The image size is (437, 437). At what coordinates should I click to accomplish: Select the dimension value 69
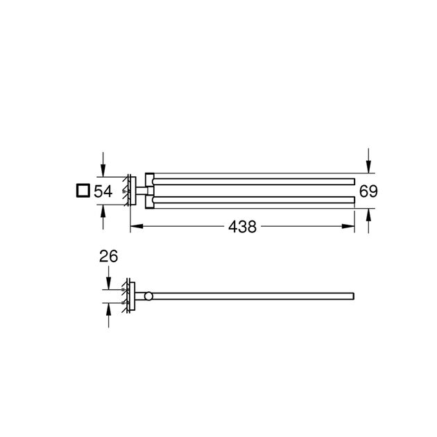[368, 191]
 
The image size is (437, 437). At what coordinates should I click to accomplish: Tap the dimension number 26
[108, 257]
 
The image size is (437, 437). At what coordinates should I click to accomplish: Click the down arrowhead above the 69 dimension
[368, 168]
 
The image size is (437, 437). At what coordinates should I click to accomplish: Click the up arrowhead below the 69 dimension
[368, 214]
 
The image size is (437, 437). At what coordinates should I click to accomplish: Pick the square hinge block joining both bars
[148, 190]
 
